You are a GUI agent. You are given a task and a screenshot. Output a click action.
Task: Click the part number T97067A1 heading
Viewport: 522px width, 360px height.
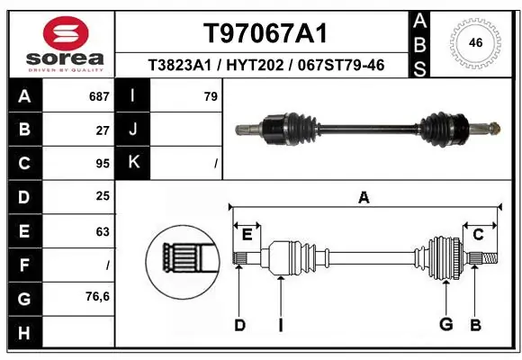(265, 33)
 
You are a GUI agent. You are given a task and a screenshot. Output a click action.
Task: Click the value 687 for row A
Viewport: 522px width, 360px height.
(97, 96)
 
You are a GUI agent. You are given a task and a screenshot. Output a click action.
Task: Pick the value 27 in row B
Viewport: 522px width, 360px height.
(103, 130)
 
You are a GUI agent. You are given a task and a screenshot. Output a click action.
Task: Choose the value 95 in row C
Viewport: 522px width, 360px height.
(103, 164)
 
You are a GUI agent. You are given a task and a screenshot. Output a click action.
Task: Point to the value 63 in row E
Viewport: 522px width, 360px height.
(103, 231)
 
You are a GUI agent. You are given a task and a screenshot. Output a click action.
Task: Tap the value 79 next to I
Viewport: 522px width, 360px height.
(211, 96)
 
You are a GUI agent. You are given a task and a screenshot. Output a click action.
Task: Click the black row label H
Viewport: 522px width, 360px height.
(23, 333)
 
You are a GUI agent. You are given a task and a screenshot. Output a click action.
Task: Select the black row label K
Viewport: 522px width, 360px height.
(133, 164)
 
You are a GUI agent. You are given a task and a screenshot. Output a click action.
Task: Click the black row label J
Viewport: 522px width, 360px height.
(133, 130)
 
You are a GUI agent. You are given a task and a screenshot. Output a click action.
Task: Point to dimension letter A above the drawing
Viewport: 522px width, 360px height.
(364, 198)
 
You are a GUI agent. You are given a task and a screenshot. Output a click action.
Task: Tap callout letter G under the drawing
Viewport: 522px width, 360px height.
(445, 324)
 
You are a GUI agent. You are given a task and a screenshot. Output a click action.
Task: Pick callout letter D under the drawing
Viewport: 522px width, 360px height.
(239, 324)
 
